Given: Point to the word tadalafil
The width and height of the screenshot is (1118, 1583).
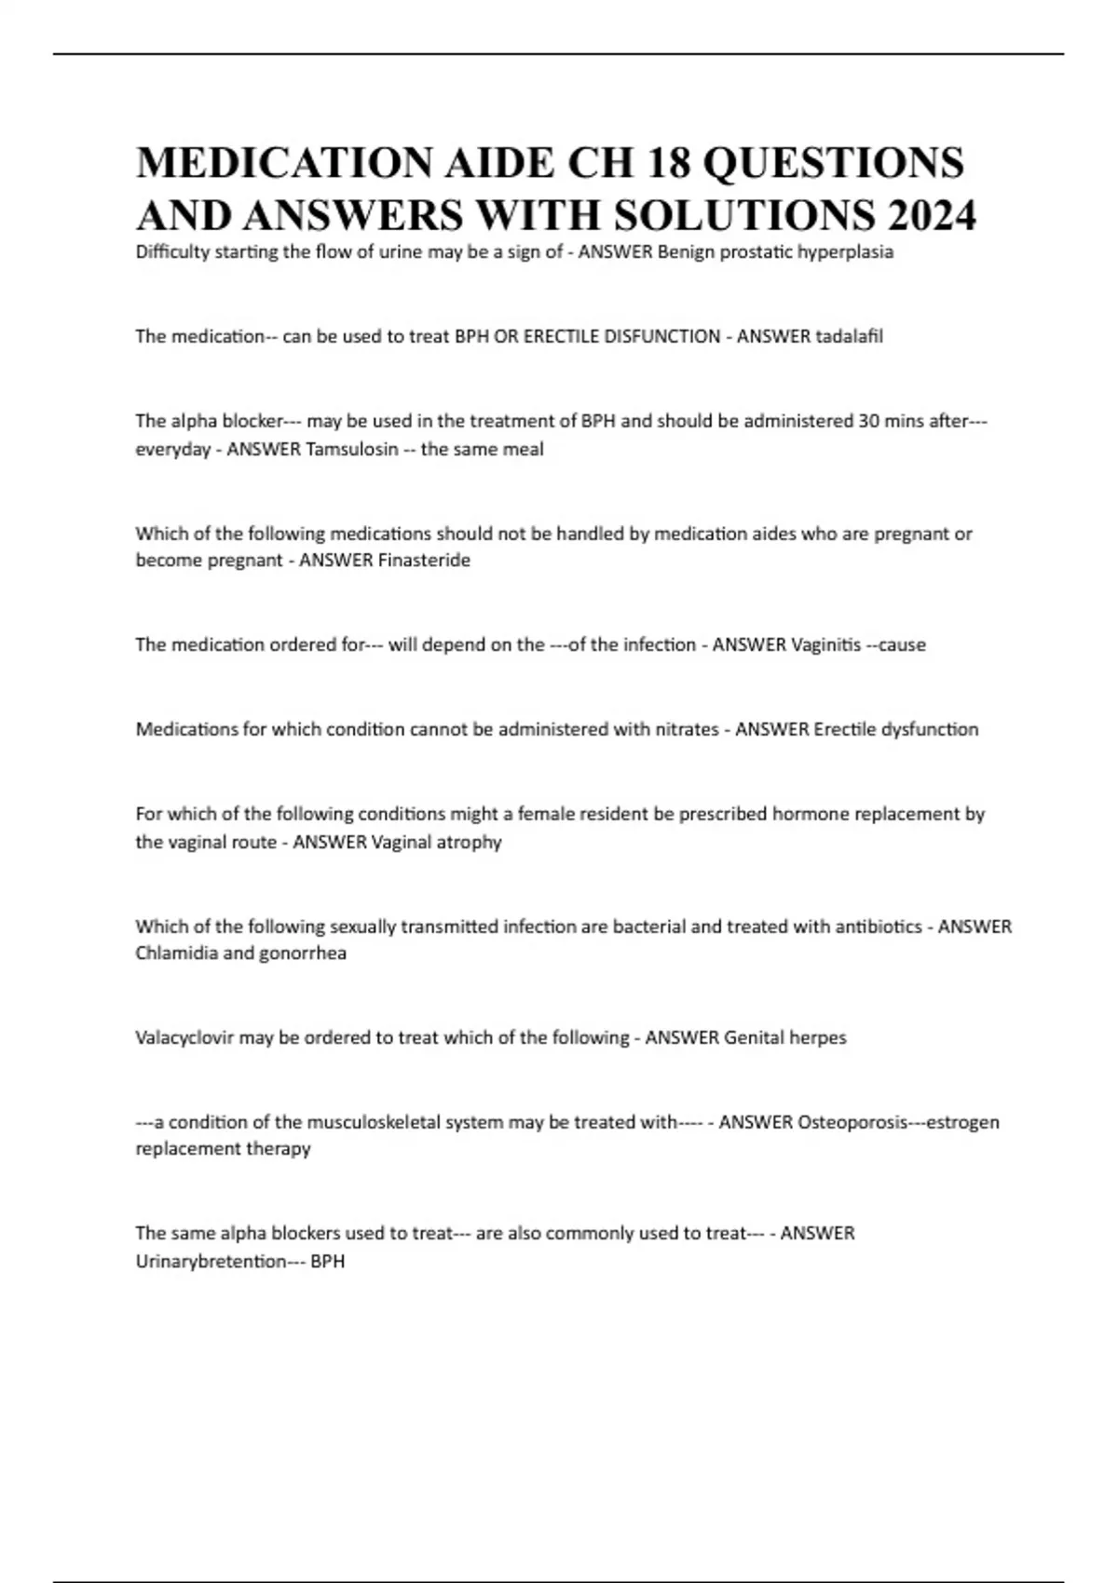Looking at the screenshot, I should (x=849, y=336).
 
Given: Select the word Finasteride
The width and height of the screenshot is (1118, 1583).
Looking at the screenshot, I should (x=423, y=561).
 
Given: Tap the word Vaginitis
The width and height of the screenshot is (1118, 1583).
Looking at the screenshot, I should (x=825, y=644).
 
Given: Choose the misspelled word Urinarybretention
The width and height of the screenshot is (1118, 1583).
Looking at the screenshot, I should (x=211, y=1262).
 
